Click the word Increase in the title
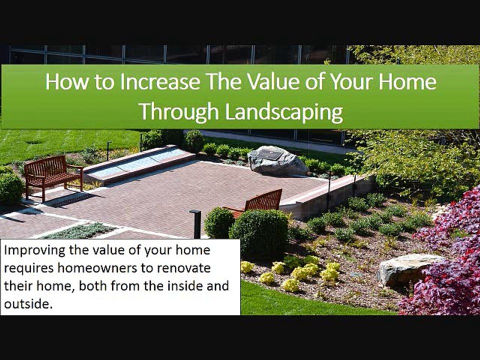pyautogui.click(x=160, y=81)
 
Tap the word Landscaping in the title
pyautogui.click(x=284, y=112)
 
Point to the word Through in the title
pyautogui.click(x=179, y=112)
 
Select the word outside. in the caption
pyautogui.click(x=26, y=304)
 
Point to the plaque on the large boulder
pyautogui.click(x=269, y=155)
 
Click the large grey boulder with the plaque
pyautogui.click(x=276, y=161)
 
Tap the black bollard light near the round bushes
pyautogui.click(x=196, y=224)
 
